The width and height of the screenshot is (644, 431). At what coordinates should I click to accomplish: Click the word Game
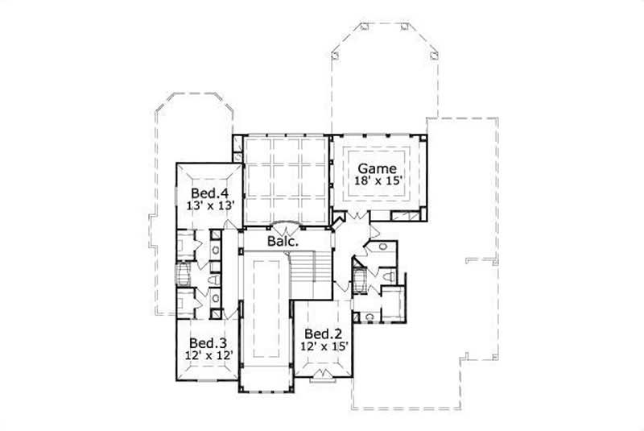click(377, 168)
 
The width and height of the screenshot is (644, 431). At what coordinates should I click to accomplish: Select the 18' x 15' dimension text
click(377, 181)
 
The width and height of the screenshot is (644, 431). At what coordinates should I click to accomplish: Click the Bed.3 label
click(206, 342)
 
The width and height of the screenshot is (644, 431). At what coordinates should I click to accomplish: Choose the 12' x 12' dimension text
click(206, 354)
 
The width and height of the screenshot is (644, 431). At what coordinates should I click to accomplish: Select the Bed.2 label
click(320, 334)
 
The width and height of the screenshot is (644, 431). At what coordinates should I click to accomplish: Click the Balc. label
click(283, 240)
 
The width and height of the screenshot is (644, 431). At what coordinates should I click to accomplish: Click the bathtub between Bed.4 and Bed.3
click(183, 274)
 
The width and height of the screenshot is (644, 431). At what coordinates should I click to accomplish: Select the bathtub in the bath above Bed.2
click(361, 281)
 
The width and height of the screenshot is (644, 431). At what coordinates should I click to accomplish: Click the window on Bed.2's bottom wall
click(325, 375)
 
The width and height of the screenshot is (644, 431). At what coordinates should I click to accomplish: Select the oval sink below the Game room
click(382, 247)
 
